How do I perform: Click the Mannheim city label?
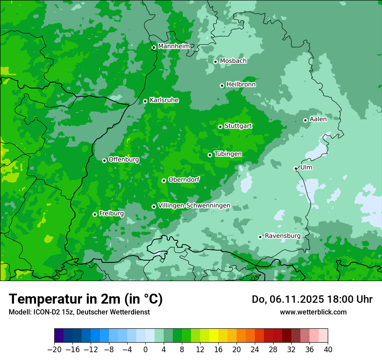point(174,46)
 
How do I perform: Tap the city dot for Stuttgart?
point(221,127)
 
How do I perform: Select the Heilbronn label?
point(241,85)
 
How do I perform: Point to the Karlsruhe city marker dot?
point(145,101)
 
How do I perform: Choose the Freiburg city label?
point(111,213)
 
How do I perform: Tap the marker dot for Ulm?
point(296,168)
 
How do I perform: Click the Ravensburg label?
point(283,236)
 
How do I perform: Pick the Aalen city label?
point(318,119)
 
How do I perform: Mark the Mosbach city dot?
point(215,62)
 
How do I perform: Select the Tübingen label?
point(228,154)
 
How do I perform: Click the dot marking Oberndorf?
point(164,180)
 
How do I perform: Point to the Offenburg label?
point(124,160)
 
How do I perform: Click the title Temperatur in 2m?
point(86,299)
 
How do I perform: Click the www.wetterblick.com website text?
point(313,312)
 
